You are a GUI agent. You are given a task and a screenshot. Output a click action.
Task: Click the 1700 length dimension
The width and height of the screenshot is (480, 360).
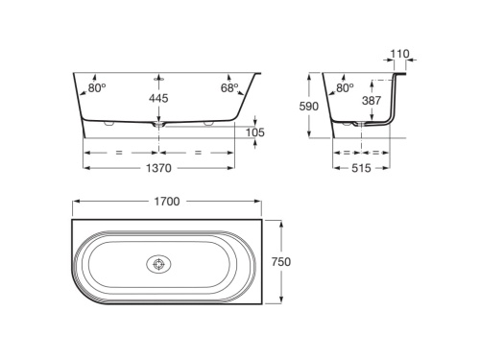coord(167,202)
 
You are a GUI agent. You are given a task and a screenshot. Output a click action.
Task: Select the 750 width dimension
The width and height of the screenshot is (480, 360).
coord(281,262)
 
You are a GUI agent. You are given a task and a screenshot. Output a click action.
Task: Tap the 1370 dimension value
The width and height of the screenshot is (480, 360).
coord(158,168)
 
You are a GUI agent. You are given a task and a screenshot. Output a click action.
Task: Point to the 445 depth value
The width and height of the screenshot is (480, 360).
coord(158,98)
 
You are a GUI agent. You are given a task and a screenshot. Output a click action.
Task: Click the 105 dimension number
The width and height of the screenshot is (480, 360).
coord(255,132)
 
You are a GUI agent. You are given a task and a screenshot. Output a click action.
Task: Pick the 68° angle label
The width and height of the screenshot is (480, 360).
coord(229,87)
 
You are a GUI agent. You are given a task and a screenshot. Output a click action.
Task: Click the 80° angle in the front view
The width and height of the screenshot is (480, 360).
coord(97,87)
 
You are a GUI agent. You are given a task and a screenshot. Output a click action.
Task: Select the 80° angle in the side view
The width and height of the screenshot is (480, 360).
coord(345,87)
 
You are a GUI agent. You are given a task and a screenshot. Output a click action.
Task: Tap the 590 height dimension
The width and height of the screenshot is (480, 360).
coord(309,107)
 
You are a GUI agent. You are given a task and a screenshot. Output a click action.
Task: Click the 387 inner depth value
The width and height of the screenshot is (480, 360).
coord(372,101)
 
